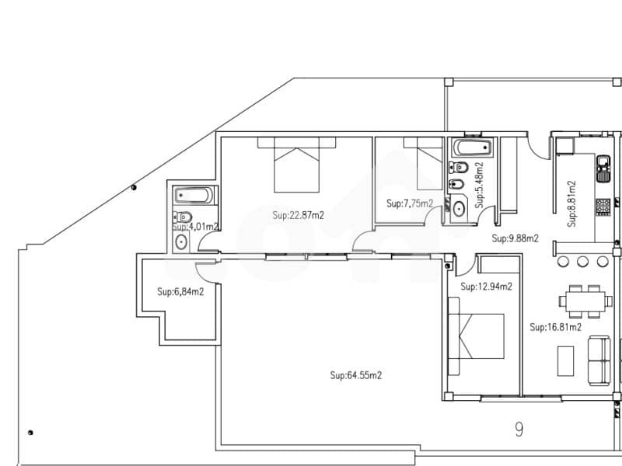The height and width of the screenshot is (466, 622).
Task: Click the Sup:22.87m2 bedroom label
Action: coord(298,216)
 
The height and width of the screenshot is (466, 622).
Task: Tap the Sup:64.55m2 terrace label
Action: coord(355,375)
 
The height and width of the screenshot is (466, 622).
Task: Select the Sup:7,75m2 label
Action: coord(410,203)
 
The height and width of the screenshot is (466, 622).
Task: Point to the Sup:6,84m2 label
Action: coord(180,292)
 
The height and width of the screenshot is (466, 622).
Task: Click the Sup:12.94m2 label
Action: coord(486,287)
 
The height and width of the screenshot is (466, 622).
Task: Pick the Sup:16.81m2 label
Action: coord(555,328)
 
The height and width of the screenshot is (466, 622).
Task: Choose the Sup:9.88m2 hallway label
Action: coord(515,238)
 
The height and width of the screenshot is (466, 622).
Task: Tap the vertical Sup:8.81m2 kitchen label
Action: coord(572,203)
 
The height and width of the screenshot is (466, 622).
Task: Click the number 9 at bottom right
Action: coord(519,426)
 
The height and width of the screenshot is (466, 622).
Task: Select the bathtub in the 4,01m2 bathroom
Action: coord(193,196)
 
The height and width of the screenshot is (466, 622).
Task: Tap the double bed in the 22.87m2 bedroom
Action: coord(296,165)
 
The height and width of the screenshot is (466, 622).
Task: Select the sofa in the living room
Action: coord(598,360)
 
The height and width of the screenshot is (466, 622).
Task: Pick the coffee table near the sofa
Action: coord(566,361)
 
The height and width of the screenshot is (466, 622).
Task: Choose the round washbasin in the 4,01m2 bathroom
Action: coord(181,242)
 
